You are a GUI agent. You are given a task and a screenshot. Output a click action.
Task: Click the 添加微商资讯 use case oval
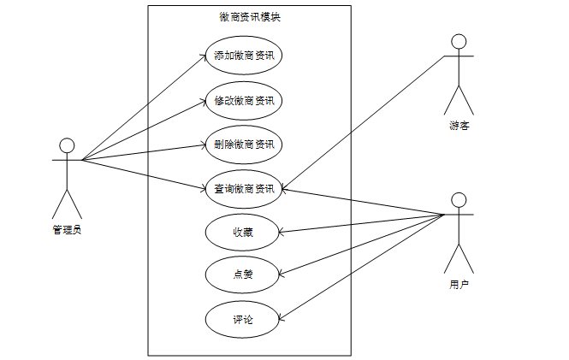244,56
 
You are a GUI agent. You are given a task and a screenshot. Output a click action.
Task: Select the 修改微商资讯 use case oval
244,101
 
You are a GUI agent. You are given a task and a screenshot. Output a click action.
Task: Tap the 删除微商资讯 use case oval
244,145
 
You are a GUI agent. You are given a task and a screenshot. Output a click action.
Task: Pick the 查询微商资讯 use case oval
244,189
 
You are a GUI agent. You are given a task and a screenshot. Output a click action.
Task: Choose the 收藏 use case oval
243,232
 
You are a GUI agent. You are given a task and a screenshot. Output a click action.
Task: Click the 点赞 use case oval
243,275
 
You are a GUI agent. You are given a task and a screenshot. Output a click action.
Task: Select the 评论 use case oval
243,320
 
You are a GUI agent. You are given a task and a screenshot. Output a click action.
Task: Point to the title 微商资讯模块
249,17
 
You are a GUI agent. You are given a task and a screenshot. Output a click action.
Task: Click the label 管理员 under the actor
67,228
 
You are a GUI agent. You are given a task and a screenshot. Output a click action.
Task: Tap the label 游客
459,127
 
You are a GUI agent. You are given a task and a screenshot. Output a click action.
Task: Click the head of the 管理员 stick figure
67,145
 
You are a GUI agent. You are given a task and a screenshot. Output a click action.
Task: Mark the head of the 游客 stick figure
459,42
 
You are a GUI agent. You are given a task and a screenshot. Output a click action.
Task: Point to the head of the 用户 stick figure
459,200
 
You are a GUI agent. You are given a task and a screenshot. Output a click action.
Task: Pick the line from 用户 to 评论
359,268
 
